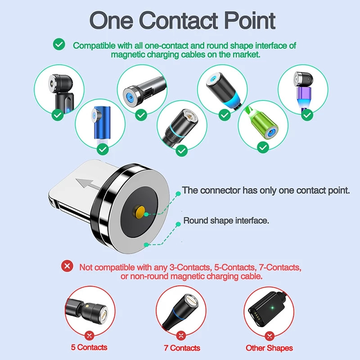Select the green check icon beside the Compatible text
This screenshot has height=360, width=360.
(58, 45)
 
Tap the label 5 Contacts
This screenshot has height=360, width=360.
(89, 347)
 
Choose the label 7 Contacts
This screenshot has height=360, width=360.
(182, 348)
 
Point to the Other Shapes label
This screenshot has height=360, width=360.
(269, 348)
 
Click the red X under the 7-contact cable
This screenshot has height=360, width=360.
(181, 335)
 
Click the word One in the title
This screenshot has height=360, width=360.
(111, 21)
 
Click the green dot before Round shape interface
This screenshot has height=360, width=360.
(177, 221)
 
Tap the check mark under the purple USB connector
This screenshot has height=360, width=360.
(307, 115)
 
